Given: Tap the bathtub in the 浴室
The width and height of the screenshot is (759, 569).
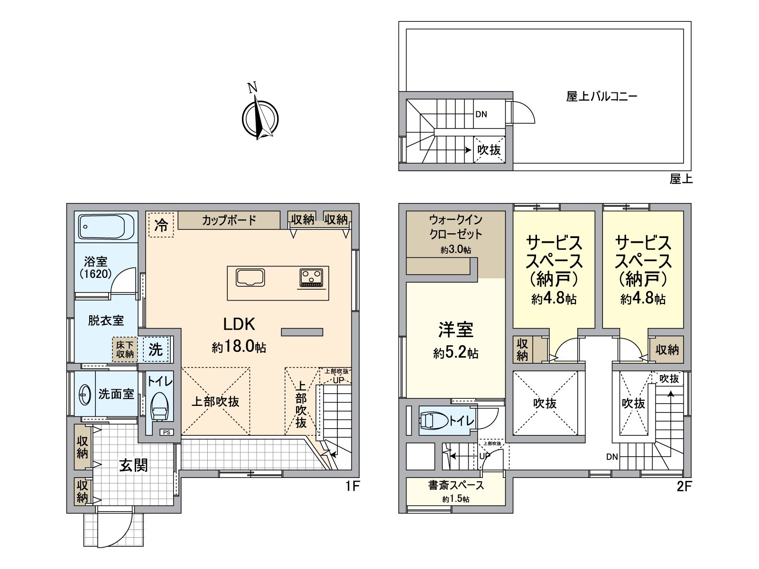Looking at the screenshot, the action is [x=106, y=227].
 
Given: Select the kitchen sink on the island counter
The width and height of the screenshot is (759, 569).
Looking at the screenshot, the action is [x=250, y=278].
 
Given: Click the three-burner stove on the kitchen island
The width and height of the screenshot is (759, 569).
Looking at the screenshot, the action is [x=312, y=278].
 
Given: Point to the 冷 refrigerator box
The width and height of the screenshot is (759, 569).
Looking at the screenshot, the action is [x=161, y=225].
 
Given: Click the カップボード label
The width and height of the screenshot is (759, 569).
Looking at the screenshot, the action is [x=229, y=220].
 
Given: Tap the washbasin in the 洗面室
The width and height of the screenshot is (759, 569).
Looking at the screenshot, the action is [x=85, y=394].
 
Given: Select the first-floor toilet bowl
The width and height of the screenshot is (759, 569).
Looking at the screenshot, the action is [x=159, y=406].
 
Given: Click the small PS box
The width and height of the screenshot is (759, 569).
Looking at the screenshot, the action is [x=167, y=432].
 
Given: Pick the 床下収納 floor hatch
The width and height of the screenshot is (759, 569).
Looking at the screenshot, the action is [x=125, y=349].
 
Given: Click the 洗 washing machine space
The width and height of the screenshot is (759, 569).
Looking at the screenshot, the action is [x=156, y=349].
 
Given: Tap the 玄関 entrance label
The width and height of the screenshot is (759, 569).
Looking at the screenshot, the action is [x=133, y=465].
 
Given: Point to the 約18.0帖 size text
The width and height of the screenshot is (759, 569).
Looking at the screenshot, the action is [x=239, y=346].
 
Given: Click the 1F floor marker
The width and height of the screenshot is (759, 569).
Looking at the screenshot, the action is [x=353, y=486].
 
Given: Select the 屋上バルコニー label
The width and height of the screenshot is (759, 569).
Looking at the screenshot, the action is [x=602, y=96].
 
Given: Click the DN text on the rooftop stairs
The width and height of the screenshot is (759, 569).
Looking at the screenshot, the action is [x=481, y=114].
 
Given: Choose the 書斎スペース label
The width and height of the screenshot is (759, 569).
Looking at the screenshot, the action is [x=456, y=486].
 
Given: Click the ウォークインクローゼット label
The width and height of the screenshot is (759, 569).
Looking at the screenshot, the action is [x=456, y=227].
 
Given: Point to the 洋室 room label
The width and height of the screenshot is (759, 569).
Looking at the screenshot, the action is [x=456, y=330].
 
